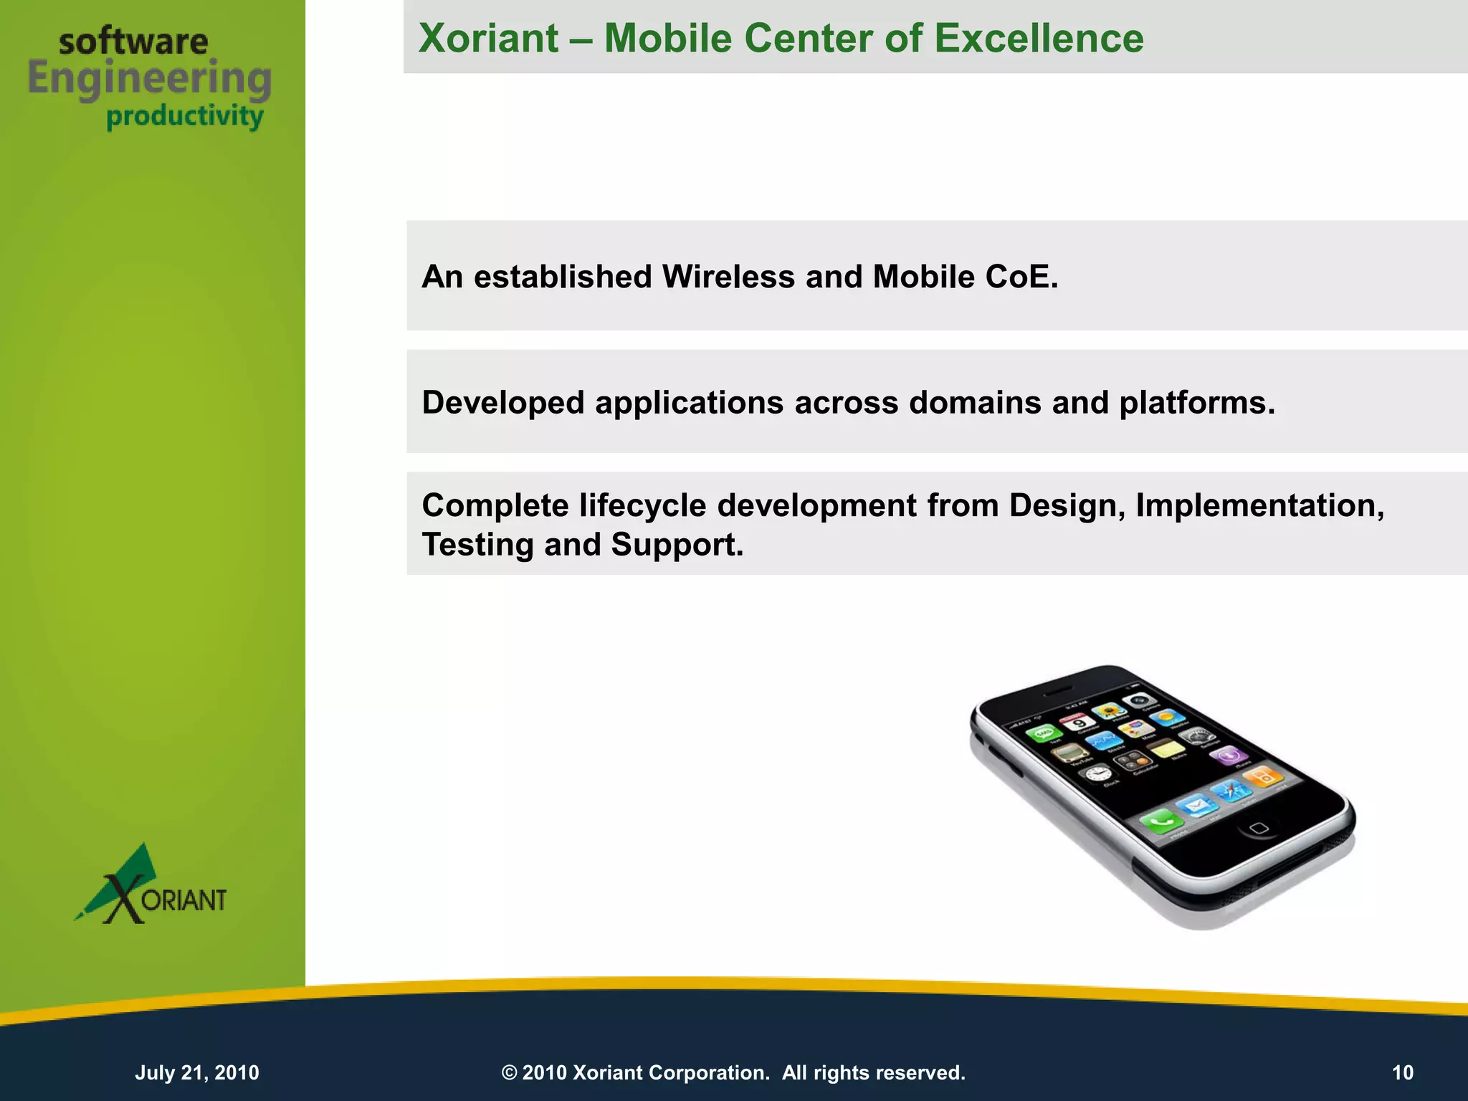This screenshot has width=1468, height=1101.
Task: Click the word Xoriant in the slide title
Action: pyautogui.click(x=488, y=38)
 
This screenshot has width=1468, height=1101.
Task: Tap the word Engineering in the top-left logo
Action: pyautogui.click(x=150, y=79)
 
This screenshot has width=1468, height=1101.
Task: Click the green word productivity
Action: pyautogui.click(x=185, y=116)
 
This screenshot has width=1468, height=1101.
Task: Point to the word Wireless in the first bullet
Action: pyautogui.click(x=728, y=277)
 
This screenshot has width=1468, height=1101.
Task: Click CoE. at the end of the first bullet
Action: pyautogui.click(x=1021, y=277)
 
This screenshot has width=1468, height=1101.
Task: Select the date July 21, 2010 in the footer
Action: pyautogui.click(x=197, y=1072)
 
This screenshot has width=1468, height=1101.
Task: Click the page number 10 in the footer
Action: pyautogui.click(x=1402, y=1072)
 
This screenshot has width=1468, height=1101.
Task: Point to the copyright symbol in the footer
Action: pyautogui.click(x=509, y=1072)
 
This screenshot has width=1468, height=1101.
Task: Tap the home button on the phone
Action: pyautogui.click(x=1259, y=829)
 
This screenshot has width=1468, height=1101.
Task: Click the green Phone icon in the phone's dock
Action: pyautogui.click(x=1158, y=820)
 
